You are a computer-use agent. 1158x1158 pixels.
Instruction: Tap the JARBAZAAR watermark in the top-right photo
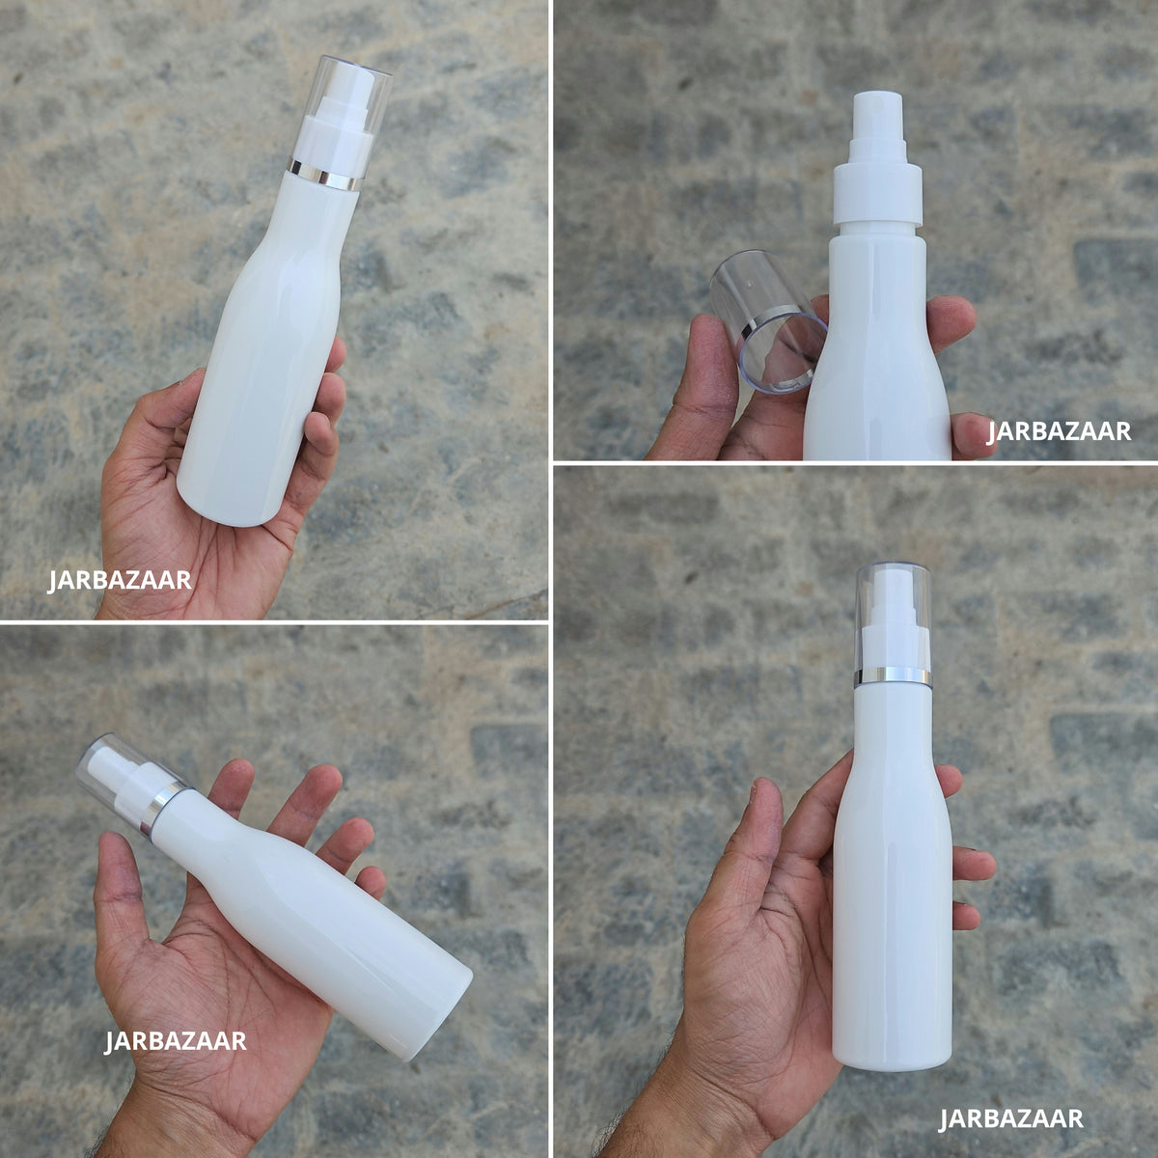tap(1059, 431)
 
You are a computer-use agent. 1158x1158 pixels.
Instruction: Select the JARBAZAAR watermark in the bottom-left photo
tap(176, 1040)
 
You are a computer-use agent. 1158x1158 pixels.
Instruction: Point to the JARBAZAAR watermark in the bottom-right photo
tap(1010, 1118)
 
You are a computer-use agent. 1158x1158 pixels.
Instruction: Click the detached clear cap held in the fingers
tap(768, 322)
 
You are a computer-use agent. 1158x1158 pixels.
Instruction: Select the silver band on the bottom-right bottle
tap(893, 676)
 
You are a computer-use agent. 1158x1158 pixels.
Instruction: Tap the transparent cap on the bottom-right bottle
tap(893, 623)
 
